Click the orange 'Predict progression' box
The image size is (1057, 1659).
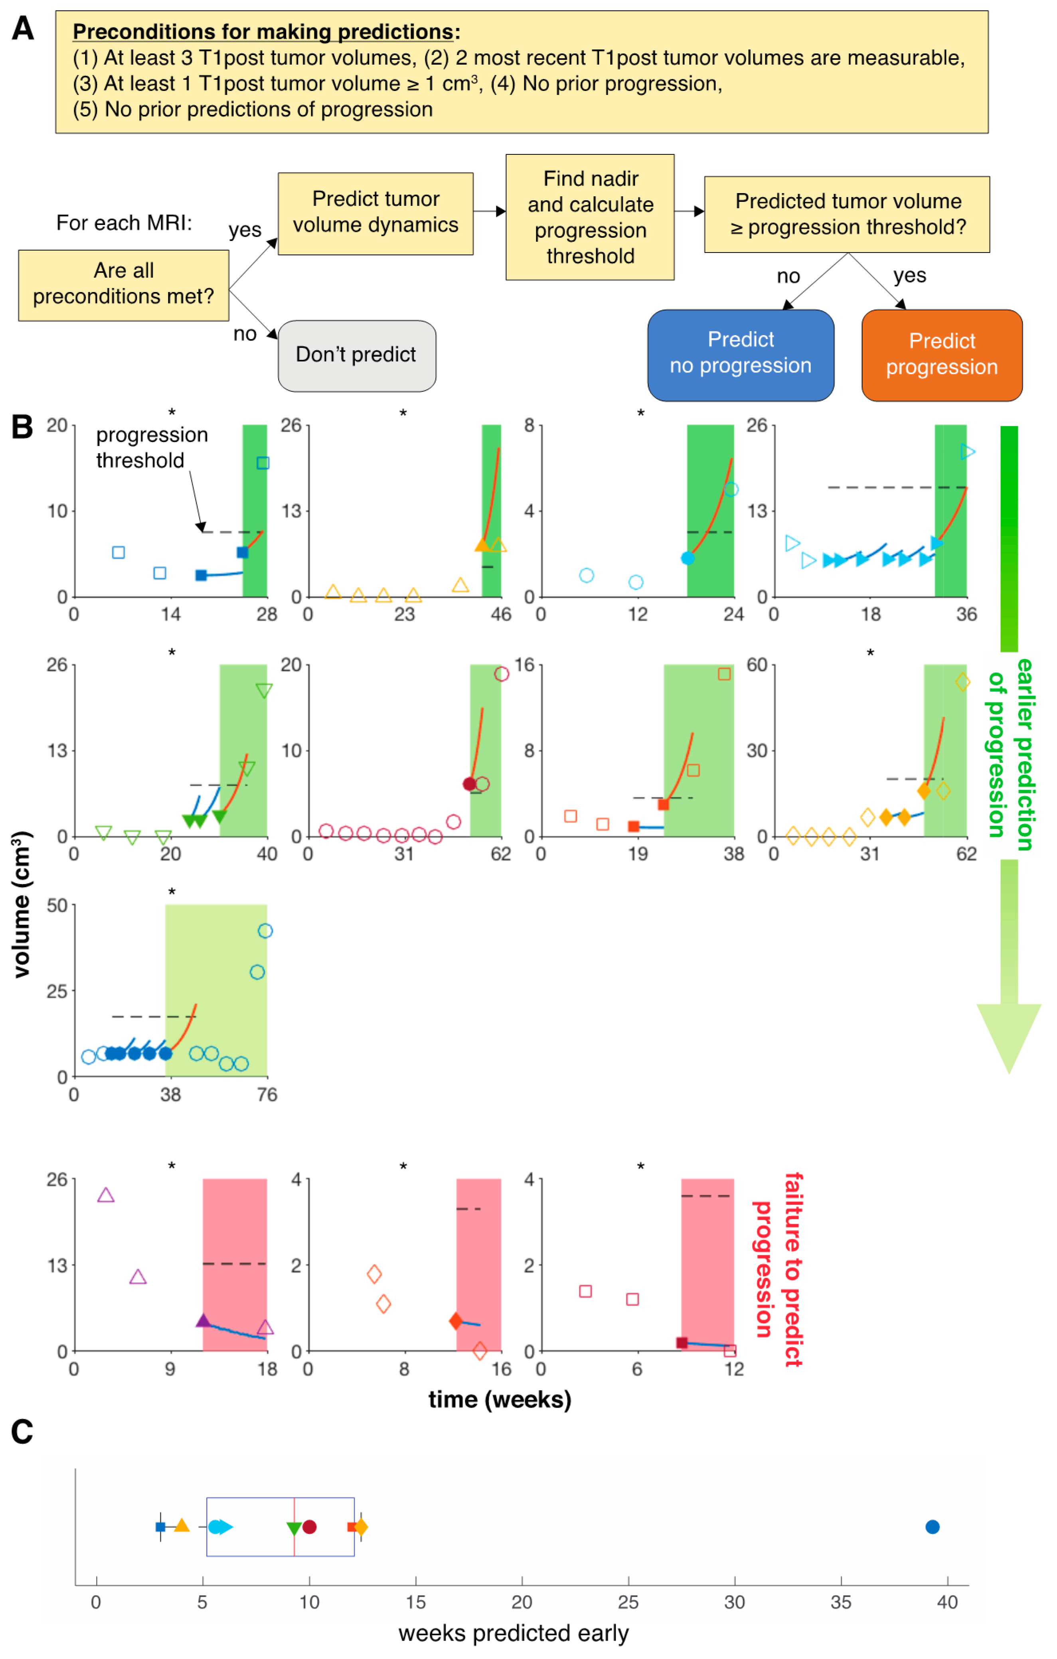(x=941, y=355)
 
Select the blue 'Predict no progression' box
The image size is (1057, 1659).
(x=741, y=354)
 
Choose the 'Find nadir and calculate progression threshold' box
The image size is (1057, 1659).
(x=590, y=217)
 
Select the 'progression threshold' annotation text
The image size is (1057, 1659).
(x=152, y=448)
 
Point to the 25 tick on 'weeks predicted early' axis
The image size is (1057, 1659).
(x=628, y=1602)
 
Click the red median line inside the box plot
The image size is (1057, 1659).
(x=294, y=1526)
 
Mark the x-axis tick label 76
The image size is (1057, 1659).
(x=267, y=1095)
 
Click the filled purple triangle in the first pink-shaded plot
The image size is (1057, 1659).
(x=203, y=1320)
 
